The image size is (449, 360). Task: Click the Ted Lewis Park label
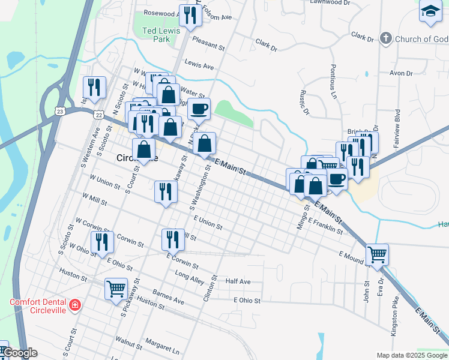click(157, 35)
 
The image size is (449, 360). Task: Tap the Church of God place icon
click(386, 39)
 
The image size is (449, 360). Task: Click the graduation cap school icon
click(430, 12)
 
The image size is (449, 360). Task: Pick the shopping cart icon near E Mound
click(377, 254)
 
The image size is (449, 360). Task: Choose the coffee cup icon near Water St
click(199, 109)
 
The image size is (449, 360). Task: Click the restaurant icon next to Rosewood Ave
click(190, 16)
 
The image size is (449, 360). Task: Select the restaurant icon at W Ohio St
click(102, 241)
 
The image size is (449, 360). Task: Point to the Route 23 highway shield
click(58, 110)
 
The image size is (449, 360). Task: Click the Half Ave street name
click(238, 281)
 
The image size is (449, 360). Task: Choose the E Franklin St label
click(325, 226)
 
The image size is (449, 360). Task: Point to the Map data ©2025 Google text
click(411, 355)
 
